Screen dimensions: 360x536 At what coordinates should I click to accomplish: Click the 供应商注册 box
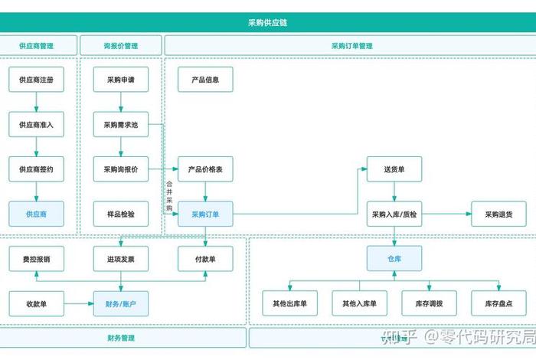pos(36,80)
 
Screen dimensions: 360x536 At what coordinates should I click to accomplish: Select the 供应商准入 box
pos(36,124)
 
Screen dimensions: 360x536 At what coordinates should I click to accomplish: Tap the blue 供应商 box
pos(36,214)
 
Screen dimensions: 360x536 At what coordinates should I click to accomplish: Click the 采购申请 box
pos(121,80)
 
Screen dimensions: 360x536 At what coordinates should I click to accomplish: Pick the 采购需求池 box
pos(121,124)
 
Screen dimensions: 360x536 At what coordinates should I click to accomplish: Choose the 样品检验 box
pos(121,214)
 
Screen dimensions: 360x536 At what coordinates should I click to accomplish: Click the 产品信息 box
pos(205,80)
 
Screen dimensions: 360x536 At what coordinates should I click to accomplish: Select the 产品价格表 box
pos(205,169)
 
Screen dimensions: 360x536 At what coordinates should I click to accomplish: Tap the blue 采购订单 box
pos(205,214)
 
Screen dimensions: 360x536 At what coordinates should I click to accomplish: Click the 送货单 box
pos(394,169)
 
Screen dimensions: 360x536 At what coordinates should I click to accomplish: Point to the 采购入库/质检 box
pos(394,214)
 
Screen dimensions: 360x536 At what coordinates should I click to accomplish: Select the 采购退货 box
pos(498,214)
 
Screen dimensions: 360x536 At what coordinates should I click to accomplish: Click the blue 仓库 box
pos(394,259)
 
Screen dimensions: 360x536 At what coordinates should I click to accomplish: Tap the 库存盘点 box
pos(498,304)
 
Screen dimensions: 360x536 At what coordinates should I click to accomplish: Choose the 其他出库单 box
pos(289,304)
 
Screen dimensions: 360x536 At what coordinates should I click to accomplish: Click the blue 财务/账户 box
pos(121,304)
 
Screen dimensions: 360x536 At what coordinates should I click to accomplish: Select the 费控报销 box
pos(36,259)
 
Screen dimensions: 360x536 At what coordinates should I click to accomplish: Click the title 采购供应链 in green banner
pos(268,23)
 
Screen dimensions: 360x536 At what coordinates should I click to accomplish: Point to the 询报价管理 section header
pos(121,46)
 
